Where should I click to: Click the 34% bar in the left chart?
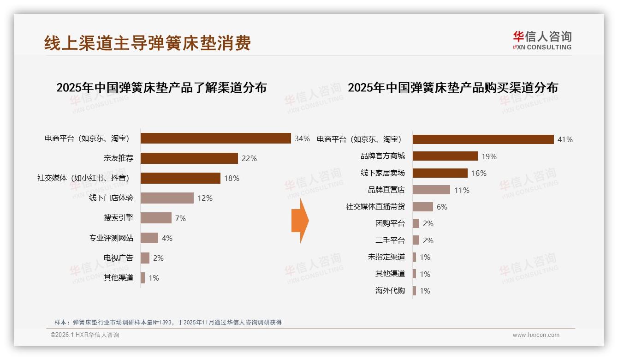point(215,138)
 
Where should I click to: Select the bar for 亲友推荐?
point(189,158)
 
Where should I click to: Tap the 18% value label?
point(232,178)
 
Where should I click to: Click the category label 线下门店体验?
point(111,198)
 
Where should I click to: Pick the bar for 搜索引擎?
point(156,218)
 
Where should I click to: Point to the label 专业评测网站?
point(111,238)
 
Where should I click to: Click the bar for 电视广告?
point(145,258)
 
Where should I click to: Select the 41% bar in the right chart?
point(483,139)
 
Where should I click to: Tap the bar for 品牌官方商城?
point(445,156)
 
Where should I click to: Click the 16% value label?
point(479,173)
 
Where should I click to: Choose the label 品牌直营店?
point(386,190)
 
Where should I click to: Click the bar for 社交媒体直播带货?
point(423,207)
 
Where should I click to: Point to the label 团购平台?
point(390,223)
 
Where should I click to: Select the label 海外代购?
point(390,291)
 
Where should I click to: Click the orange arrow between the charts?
point(300,221)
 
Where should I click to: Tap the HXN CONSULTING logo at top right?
point(542,41)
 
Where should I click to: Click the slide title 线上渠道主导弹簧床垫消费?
point(148,43)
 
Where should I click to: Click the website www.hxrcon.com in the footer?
point(536,335)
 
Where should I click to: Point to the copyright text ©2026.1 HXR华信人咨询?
point(85,335)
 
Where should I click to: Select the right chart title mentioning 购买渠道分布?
point(453,88)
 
